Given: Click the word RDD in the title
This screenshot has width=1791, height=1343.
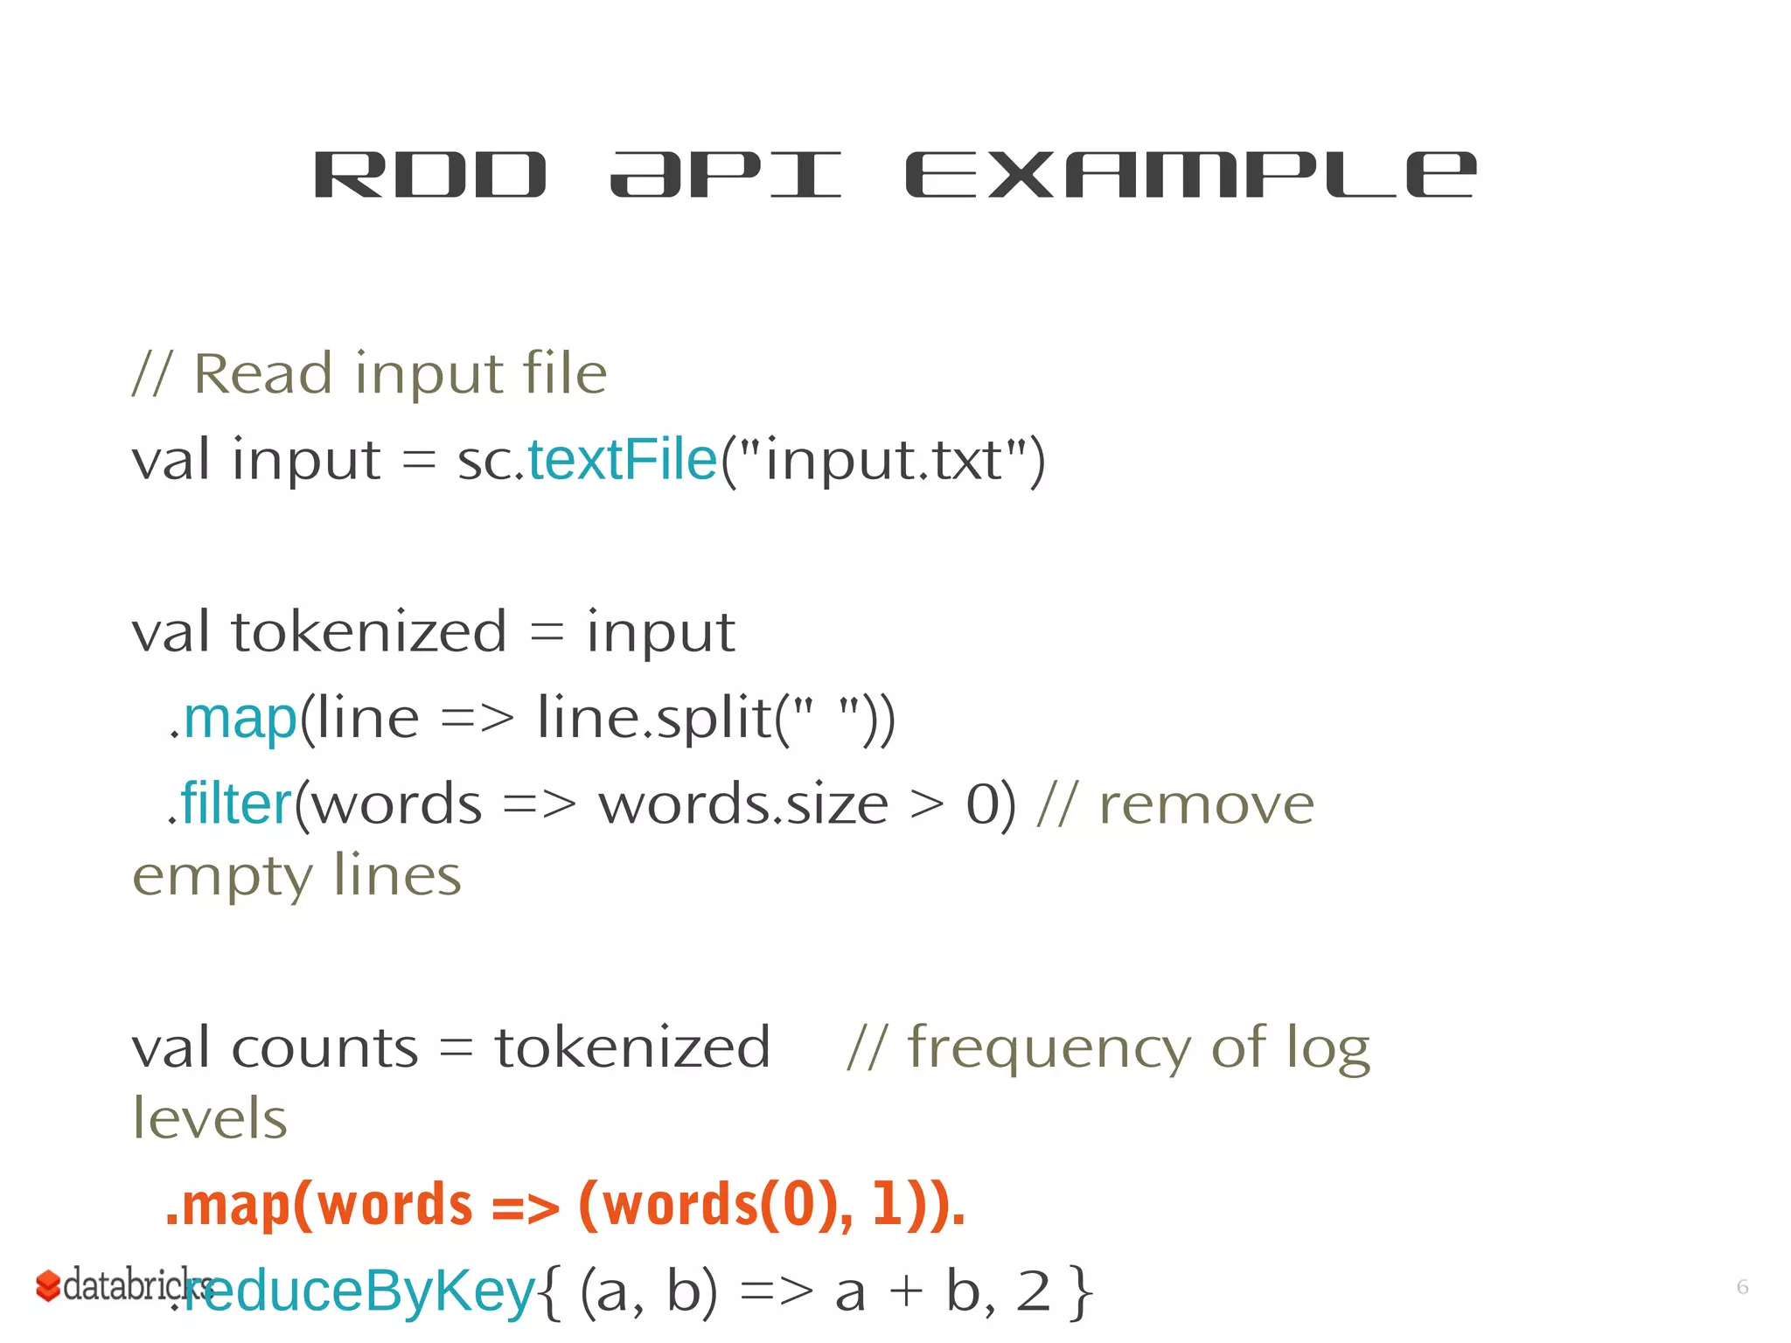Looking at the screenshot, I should point(429,175).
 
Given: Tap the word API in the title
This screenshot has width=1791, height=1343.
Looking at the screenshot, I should point(725,175).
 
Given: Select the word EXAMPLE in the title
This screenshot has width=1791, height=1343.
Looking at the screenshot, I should point(1190,175).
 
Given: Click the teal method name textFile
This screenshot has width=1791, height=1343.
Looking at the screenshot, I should point(622,460).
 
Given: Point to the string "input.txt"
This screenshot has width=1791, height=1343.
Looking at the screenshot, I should point(882,460).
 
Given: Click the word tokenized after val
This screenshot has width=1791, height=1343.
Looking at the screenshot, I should point(369,632).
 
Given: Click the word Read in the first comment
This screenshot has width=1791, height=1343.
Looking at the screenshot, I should point(262,374).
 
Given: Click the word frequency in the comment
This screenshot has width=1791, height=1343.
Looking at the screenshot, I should point(1049,1047).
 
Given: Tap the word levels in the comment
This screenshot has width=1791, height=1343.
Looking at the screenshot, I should point(210,1118).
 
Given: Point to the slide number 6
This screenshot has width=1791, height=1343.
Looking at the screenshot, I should point(1742,1287).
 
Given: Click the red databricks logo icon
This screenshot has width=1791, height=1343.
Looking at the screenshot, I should point(47,1285).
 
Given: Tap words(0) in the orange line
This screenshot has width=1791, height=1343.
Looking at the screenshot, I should point(714,1205).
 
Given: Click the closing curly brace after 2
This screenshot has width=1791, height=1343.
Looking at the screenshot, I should point(1082,1291).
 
